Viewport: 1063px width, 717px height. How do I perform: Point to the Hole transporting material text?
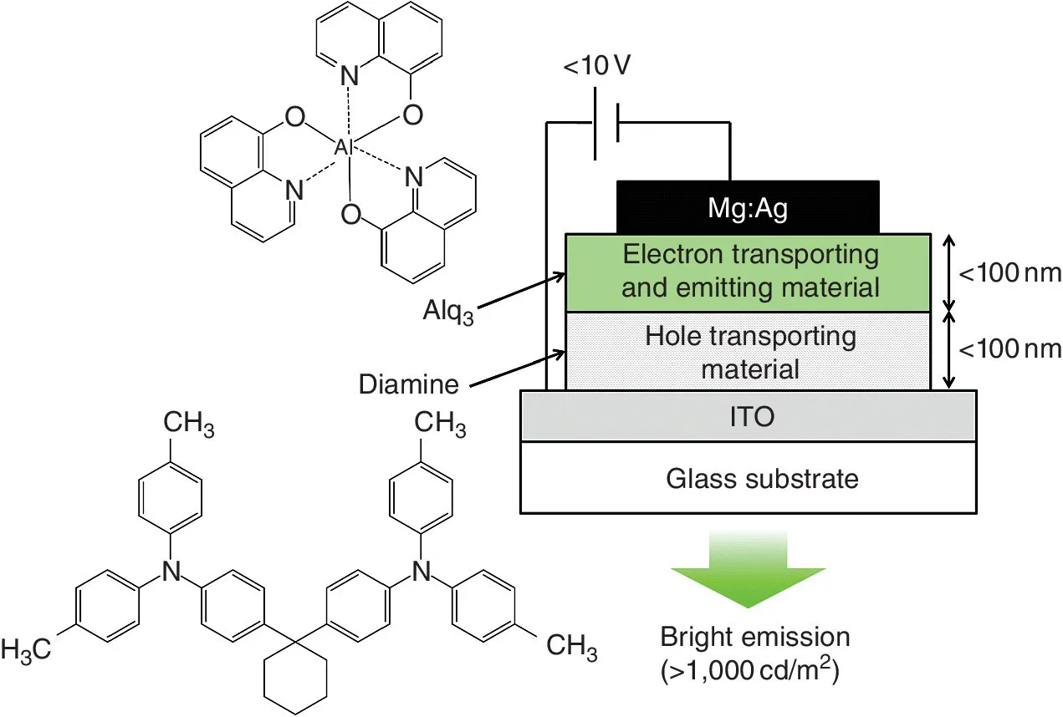(750, 352)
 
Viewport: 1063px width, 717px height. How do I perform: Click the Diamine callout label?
(409, 385)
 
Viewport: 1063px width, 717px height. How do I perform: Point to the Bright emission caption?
(754, 638)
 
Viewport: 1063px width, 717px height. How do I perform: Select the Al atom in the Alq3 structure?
(344, 147)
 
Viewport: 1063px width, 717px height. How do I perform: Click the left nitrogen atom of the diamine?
(171, 571)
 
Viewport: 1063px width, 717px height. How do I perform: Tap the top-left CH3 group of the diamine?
(188, 427)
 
